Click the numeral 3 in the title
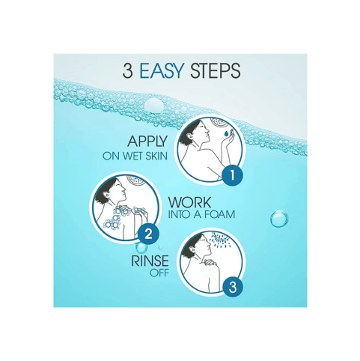[x=127, y=71]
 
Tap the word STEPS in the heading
[x=215, y=71]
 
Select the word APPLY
[x=147, y=142]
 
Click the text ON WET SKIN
[x=135, y=156]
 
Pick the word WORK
[x=189, y=202]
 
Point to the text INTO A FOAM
[x=201, y=214]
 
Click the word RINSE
[x=150, y=261]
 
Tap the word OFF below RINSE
[x=159, y=273]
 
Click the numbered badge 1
[x=233, y=175]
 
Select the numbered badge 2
[x=148, y=234]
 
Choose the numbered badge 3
[x=233, y=287]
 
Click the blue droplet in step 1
[x=226, y=134]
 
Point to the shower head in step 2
[x=135, y=180]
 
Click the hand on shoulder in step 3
[x=209, y=262]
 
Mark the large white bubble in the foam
[x=154, y=106]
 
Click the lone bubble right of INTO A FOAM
[x=279, y=219]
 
